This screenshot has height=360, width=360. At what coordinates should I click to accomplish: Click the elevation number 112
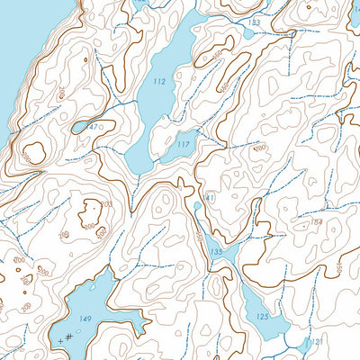point(159,82)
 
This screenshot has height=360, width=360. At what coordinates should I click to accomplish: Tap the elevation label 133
point(255,22)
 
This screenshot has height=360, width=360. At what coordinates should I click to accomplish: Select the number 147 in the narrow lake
point(91,127)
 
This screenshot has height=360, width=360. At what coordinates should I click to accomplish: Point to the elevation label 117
point(184,144)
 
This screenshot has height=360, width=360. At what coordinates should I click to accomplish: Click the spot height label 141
point(208,198)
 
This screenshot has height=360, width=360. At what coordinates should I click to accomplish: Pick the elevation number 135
point(216,252)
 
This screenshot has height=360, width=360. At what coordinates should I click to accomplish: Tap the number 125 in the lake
point(262,317)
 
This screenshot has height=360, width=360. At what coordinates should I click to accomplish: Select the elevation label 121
point(314,343)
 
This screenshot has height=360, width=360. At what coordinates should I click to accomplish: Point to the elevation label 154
point(316,222)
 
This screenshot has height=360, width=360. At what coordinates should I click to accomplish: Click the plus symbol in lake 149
point(60,341)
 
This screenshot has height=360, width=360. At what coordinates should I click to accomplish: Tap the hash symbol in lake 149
point(69,337)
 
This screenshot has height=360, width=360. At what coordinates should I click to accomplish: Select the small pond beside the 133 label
point(248,33)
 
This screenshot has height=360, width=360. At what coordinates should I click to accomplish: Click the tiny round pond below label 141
point(198,206)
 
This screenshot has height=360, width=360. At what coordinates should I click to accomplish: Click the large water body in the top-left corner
point(22,45)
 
